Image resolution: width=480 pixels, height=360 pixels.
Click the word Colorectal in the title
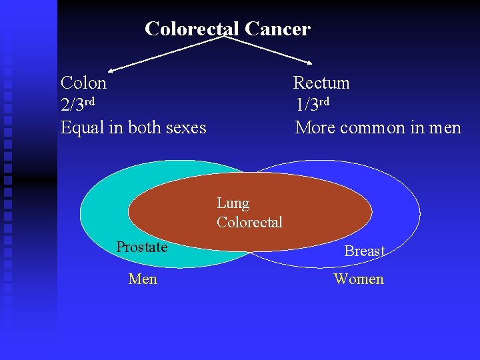[x=192, y=29]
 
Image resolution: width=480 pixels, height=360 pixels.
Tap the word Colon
[x=83, y=83]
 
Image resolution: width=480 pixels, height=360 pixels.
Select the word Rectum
[x=321, y=83]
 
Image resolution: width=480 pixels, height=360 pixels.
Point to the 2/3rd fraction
[x=77, y=105]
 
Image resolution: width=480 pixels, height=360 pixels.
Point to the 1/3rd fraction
[x=313, y=105]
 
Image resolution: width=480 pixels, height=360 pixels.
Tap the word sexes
[x=184, y=127]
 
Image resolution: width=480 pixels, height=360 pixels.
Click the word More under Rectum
[x=315, y=127]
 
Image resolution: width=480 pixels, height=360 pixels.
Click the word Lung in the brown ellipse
[x=233, y=203]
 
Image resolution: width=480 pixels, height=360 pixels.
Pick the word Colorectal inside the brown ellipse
[x=249, y=222]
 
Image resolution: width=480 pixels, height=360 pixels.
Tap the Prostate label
[x=141, y=247]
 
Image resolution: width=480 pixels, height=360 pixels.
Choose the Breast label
[x=365, y=251]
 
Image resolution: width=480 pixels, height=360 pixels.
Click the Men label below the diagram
[x=143, y=279]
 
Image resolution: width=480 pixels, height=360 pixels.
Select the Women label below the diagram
[x=359, y=279]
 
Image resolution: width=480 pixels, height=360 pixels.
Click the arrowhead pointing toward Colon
[x=113, y=69]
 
